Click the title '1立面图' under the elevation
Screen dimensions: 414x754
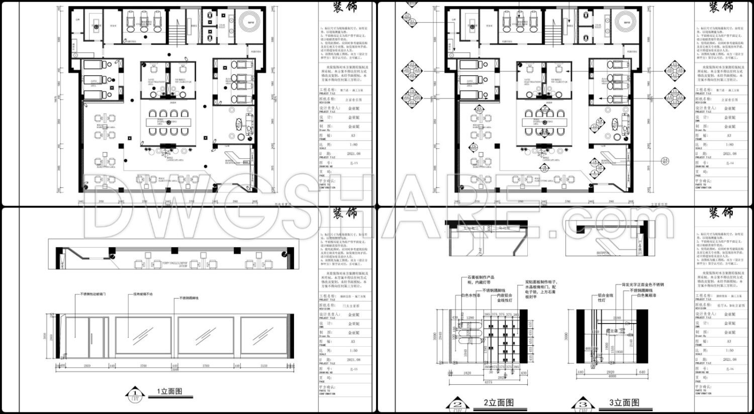[x=169, y=391]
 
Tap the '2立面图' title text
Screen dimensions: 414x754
[x=499, y=402]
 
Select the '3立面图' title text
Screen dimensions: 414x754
[x=624, y=402]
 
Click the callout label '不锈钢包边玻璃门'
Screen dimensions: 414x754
[x=93, y=295]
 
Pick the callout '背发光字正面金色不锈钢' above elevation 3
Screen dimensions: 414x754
[x=643, y=285]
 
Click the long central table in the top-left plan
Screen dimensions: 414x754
[x=167, y=122]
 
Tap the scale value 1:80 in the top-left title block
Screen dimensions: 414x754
[x=353, y=145]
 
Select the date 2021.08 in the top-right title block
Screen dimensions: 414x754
[x=729, y=154]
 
